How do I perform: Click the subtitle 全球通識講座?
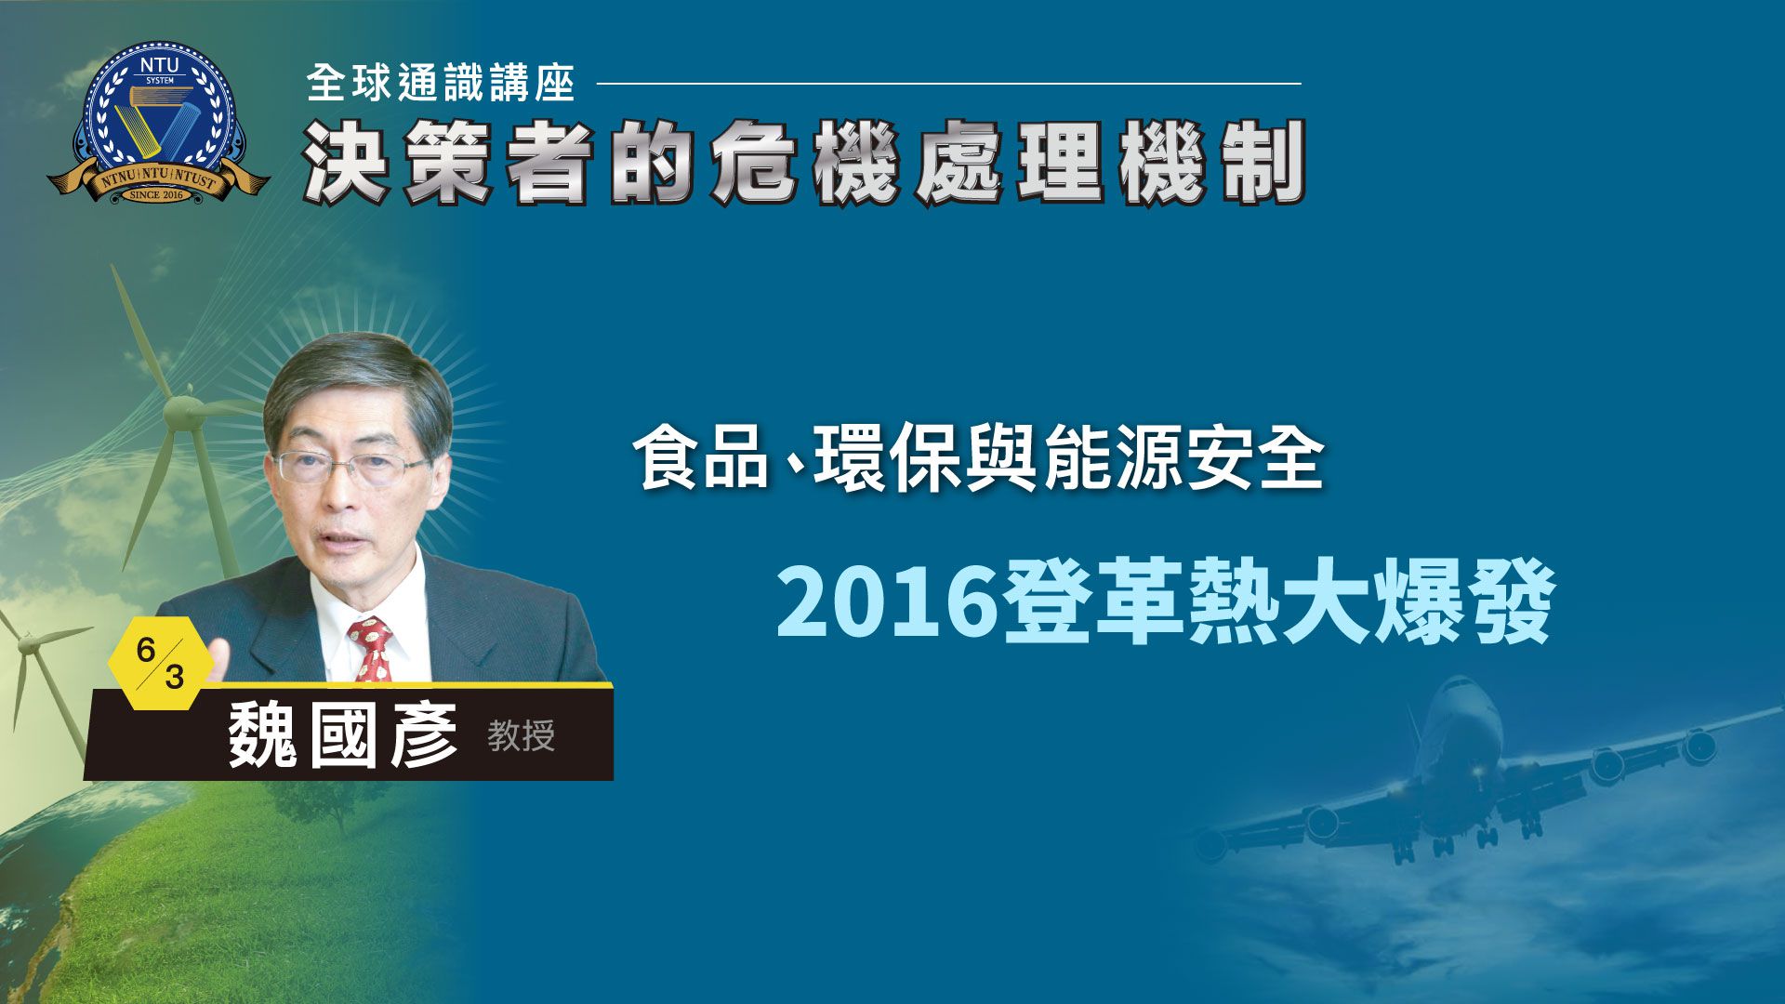click(441, 83)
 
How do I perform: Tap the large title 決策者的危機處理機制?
click(805, 162)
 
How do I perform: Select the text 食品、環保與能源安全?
click(978, 458)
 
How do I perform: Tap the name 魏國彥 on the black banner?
click(344, 735)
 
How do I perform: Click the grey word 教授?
click(522, 736)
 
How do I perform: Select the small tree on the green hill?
click(311, 795)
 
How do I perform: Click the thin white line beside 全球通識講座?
click(948, 83)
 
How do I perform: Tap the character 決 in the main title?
click(345, 162)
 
